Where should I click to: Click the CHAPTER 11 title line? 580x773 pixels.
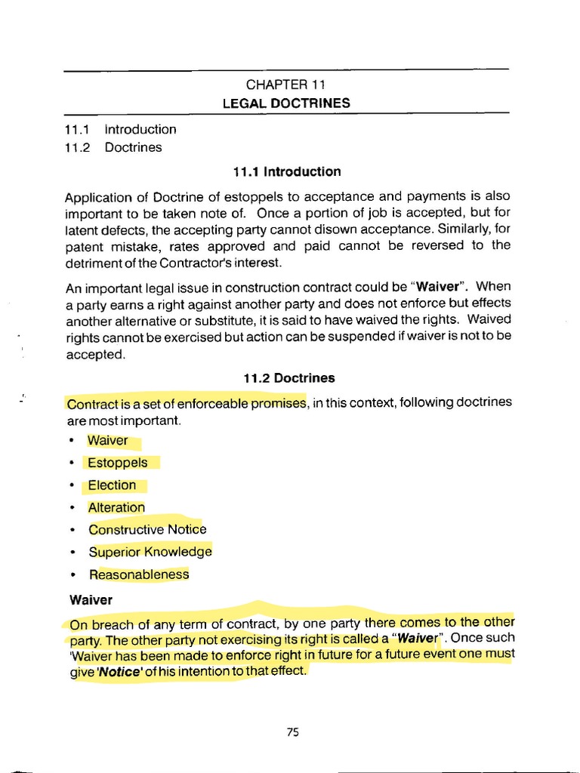(285, 85)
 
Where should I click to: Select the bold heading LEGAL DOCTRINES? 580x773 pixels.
(285, 103)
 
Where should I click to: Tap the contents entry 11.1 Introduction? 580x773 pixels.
(121, 129)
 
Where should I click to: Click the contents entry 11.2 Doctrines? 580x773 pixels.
(113, 147)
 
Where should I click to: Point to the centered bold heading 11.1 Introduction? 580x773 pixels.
(287, 171)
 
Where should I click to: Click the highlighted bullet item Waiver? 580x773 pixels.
(108, 440)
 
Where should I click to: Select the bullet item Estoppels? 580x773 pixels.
(118, 463)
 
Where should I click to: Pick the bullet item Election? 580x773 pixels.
(113, 485)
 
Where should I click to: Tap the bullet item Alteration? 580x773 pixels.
(116, 507)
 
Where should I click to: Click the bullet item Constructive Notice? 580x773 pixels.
(147, 529)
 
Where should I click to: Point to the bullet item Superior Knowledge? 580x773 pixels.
(150, 552)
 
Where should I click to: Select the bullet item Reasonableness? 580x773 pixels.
(139, 574)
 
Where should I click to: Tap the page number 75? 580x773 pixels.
(294, 731)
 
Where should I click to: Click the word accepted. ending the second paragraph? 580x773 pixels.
(94, 354)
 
